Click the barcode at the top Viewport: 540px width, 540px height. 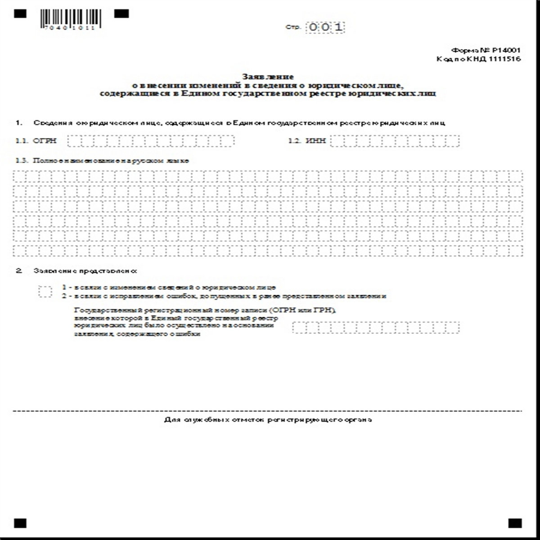tap(70, 18)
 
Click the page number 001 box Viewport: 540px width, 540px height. tap(325, 27)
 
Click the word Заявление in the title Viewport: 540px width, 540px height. tap(268, 77)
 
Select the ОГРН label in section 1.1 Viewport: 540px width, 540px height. tap(45, 141)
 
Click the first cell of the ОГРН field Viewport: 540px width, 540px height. tap(73, 141)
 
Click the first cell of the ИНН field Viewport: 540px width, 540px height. tap(335, 141)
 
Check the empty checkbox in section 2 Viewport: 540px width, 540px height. tap(45, 291)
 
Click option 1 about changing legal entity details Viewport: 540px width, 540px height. tap(169, 287)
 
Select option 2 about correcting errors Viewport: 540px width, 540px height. tap(224, 296)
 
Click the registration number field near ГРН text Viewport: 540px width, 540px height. tap(376, 327)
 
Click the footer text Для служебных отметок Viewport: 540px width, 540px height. tap(268, 420)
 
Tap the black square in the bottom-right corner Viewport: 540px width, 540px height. tap(515, 523)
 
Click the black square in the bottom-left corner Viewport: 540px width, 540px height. tap(20, 523)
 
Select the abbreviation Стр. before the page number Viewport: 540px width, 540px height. tap(292, 28)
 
